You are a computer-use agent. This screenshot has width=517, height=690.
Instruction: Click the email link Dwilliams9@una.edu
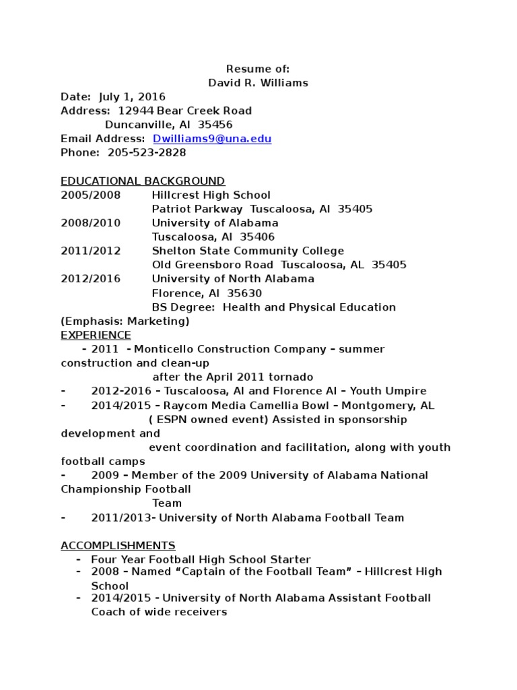(212, 139)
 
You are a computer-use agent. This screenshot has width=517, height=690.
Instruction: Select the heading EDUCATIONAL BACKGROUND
(143, 181)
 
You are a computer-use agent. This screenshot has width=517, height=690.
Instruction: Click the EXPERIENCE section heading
(96, 335)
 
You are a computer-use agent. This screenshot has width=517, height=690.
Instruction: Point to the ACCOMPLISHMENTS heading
(118, 545)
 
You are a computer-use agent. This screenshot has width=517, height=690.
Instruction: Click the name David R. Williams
(258, 83)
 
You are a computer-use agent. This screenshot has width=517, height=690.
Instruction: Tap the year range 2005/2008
(91, 195)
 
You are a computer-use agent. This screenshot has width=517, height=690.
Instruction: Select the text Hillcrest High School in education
(211, 195)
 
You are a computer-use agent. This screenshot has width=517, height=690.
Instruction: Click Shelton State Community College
(248, 251)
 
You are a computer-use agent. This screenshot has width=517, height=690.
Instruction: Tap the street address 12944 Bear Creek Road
(185, 111)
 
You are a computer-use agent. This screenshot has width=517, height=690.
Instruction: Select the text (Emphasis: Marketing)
(125, 321)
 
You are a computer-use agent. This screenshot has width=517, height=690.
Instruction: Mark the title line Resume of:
(258, 69)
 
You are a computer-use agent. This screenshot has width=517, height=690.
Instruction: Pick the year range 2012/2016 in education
(91, 279)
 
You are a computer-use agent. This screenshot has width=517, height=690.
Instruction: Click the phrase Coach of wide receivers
(159, 612)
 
